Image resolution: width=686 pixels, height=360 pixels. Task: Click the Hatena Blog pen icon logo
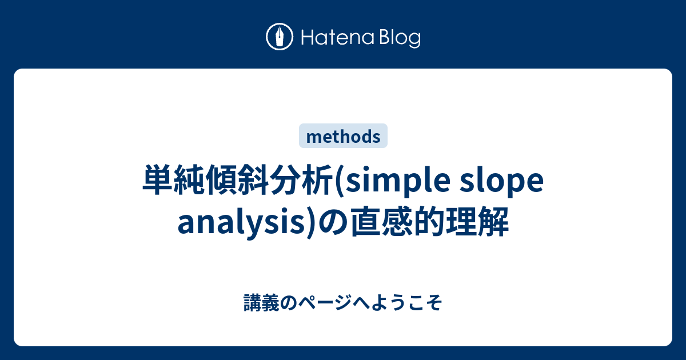pyautogui.click(x=280, y=38)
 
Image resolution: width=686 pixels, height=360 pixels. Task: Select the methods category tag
pyautogui.click(x=343, y=136)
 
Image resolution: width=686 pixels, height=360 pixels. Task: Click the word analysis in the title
pyautogui.click(x=243, y=223)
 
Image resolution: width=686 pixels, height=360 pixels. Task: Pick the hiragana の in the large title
pyautogui.click(x=334, y=223)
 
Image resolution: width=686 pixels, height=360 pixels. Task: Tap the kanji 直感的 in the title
pyautogui.click(x=398, y=223)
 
